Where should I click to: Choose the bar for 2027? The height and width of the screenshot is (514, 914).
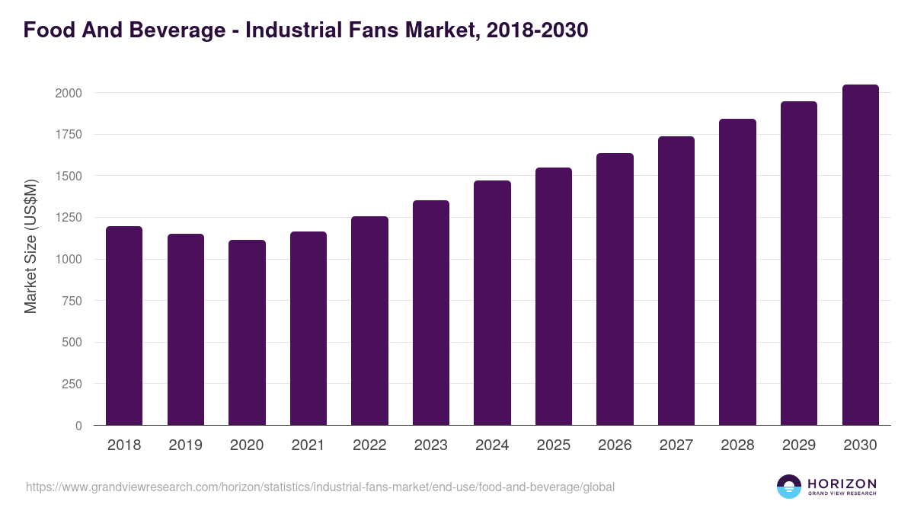(676, 281)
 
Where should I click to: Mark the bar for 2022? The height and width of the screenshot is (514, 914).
(369, 321)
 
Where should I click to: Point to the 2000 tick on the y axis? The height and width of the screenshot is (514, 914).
(68, 93)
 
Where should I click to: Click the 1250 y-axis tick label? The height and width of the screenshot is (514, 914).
(68, 218)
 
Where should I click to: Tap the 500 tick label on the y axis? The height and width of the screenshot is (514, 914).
(72, 343)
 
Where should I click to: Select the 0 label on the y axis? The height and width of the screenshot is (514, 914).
(78, 426)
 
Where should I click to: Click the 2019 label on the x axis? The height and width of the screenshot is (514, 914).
(185, 445)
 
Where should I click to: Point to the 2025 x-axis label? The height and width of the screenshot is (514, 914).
(553, 445)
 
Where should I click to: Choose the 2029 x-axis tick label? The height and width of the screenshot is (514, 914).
(798, 445)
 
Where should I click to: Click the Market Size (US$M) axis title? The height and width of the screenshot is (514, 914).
(30, 246)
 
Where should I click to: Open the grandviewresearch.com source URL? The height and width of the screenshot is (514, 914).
(320, 487)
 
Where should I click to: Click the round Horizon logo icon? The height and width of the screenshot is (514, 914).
(789, 487)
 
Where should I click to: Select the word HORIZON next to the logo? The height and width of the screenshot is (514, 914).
(842, 483)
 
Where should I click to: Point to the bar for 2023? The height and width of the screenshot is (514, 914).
(431, 313)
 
